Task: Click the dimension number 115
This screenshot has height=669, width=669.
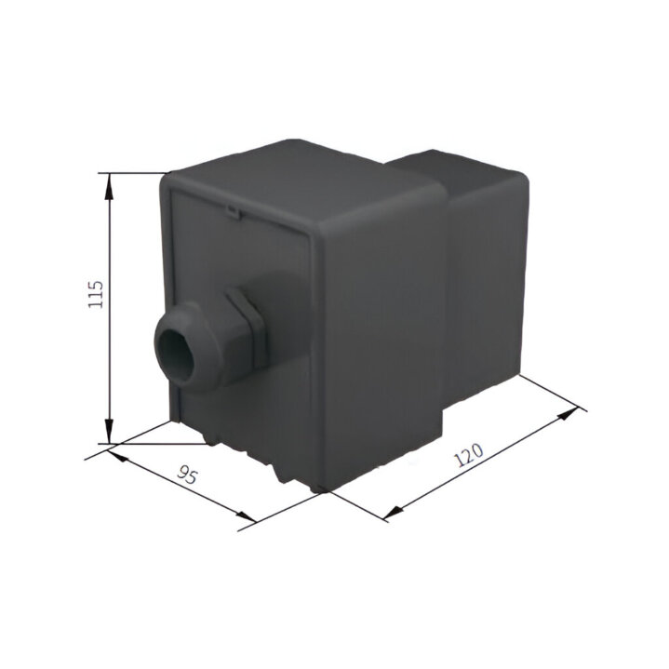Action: (x=96, y=294)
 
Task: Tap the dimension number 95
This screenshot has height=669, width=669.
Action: (x=188, y=475)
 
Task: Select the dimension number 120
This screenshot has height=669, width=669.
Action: (x=468, y=455)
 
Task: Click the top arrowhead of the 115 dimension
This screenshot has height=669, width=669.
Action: (x=110, y=186)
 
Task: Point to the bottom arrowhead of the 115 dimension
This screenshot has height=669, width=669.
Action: (x=110, y=431)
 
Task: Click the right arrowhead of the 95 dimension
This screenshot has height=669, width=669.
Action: (x=246, y=516)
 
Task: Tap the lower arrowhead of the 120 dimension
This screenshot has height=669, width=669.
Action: (x=395, y=513)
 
